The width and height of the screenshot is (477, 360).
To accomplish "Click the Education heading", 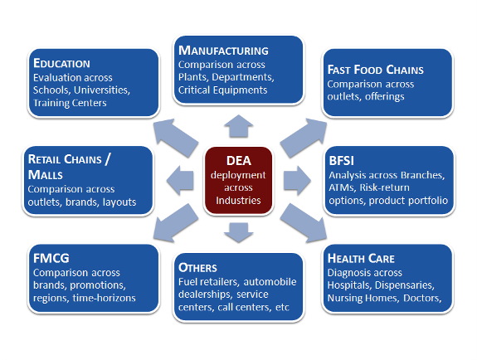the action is coord(61,63).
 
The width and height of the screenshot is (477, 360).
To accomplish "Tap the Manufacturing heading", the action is coord(223,51).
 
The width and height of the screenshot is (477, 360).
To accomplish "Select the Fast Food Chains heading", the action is coord(376,70).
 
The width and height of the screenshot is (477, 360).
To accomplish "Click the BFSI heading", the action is coord(341,161).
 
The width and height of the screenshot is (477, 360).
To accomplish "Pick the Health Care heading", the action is coord(361,258).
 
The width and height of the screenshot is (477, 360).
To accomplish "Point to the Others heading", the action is coord(197,268).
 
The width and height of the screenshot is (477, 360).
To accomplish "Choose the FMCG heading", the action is coord(51,258).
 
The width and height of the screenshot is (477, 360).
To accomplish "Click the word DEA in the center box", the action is coord(239,161).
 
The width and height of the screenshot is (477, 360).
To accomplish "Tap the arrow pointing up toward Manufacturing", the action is coord(239,126).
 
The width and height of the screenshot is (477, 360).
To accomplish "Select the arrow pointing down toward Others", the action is coord(239,233).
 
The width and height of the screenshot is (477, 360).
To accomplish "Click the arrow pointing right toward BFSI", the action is coord(297,181).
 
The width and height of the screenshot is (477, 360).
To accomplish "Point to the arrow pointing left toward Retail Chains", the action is coord(180,181).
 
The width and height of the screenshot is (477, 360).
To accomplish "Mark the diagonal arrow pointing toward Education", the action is coord(176,138).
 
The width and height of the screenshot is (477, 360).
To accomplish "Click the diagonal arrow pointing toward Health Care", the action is coord(304,223).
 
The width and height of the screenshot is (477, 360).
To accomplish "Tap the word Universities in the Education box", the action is coord(102,90).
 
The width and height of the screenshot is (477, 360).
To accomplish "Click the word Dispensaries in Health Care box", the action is coord(405,285).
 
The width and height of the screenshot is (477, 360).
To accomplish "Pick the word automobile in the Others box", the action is coord(270,282).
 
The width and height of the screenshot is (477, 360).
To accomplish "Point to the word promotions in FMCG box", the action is coord(98,285).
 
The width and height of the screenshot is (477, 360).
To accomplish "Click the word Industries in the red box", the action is coord(239,200).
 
